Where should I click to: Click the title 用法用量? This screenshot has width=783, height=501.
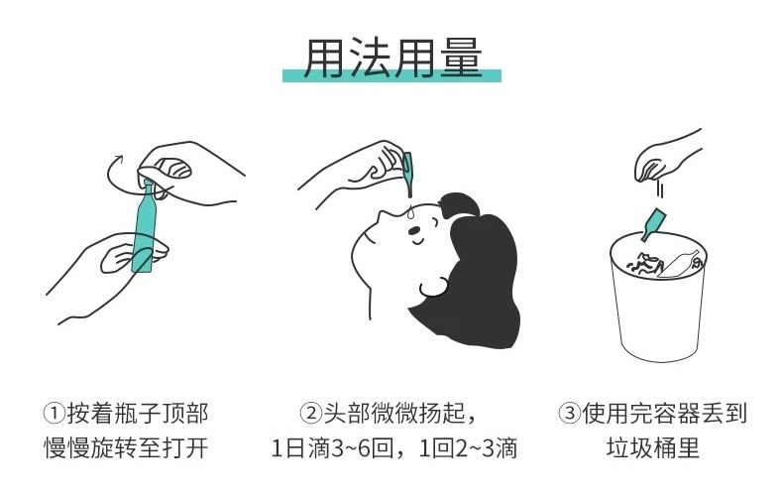point(392,58)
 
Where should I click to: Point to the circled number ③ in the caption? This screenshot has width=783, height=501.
point(569,414)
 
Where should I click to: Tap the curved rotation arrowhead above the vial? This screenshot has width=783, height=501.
point(118,159)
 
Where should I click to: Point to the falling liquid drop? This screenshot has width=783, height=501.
point(409,212)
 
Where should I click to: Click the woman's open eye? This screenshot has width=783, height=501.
point(414,230)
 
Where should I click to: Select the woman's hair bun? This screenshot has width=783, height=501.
point(459,204)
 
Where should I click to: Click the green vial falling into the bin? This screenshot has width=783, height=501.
point(653,225)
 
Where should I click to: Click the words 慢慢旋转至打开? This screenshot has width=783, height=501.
point(126,448)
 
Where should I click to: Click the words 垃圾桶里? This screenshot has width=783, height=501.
point(653,448)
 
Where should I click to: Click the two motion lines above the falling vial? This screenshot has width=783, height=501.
point(660,190)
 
